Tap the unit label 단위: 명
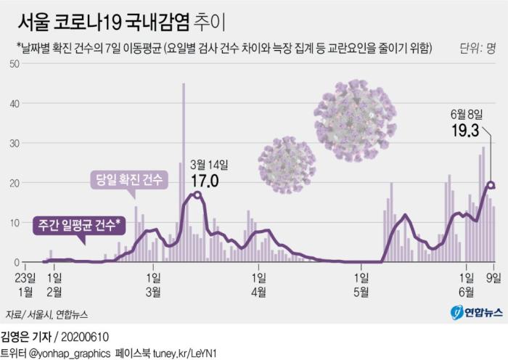pyautogui.click(x=478, y=49)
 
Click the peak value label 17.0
pyautogui.click(x=205, y=179)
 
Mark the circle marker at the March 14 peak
pyautogui.click(x=197, y=195)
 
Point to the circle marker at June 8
pyautogui.click(x=491, y=185)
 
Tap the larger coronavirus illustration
pyautogui.click(x=356, y=110)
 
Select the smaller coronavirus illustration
pyautogui.click(x=287, y=165)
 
